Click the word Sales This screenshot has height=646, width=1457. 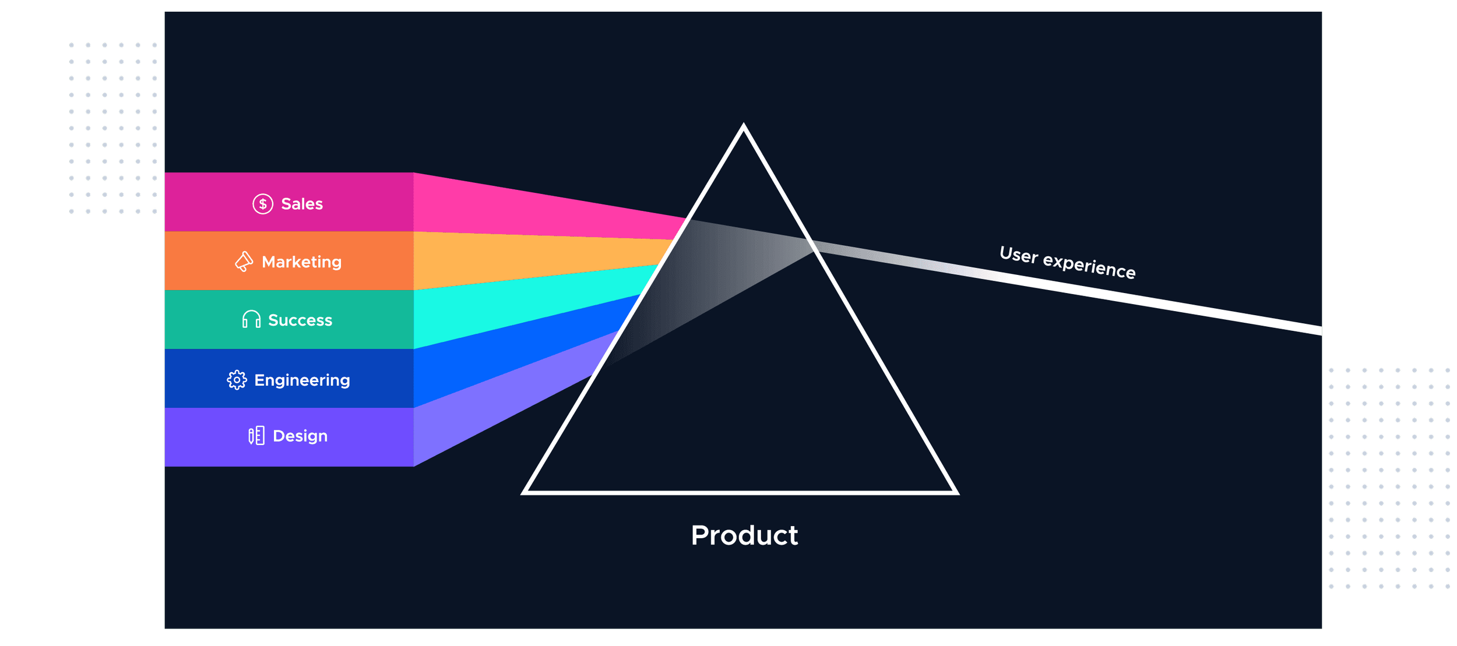pos(302,204)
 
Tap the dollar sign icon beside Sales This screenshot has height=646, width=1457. pos(263,204)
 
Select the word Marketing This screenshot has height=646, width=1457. pos(302,262)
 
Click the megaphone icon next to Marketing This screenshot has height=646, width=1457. pos(244,262)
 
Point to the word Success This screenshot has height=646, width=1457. pos(300,320)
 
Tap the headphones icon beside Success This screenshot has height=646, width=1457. pos(251,319)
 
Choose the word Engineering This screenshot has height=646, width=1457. pos(302,380)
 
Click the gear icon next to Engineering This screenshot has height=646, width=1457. pos(237,380)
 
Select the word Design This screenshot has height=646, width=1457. pos(300,436)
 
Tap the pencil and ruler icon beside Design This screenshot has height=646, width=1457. pos(256,436)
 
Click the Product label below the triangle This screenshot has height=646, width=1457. pos(744,535)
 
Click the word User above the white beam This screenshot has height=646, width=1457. pos(1019,255)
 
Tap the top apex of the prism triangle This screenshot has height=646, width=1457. pos(743,126)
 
